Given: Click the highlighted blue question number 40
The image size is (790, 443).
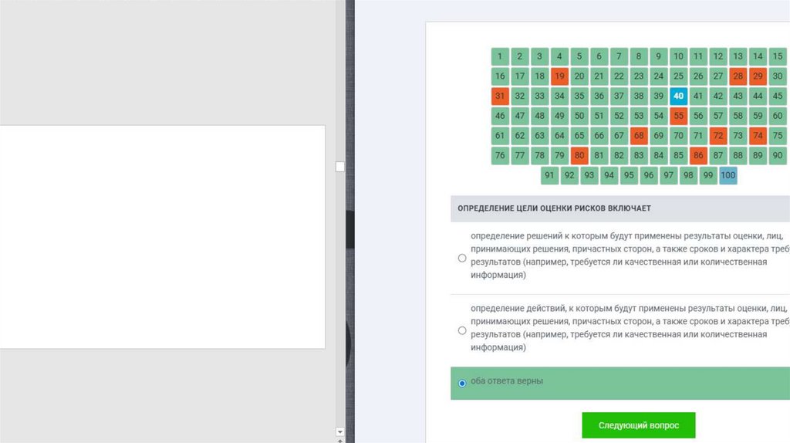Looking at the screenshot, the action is point(678,96).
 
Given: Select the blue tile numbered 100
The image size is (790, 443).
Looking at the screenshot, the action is point(728,175).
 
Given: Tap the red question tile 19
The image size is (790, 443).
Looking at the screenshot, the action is point(559,76).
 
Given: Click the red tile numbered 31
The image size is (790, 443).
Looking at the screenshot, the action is point(500,96).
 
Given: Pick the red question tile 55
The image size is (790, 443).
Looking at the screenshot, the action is point(678,116).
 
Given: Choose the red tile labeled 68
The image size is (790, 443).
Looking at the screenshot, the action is point(639,136).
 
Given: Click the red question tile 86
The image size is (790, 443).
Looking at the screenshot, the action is point(697,156).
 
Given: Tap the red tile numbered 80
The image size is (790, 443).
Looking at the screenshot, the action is point(579,156).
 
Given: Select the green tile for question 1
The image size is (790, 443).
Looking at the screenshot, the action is point(500,56).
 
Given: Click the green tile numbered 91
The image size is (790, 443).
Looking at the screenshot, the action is point(549,175).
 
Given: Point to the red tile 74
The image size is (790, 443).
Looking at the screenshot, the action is point(758,136).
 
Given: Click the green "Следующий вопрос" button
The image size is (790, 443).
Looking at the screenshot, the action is point(638,425).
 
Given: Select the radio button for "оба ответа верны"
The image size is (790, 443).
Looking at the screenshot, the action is point(462,384).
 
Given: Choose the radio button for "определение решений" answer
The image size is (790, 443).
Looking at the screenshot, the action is point(462,258).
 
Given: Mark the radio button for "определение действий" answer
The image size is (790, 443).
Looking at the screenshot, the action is point(462,330).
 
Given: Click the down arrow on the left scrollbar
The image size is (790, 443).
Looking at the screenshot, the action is point(340,432).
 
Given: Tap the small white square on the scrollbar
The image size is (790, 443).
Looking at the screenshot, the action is point(340,167).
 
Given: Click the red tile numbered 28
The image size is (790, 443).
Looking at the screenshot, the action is point(738,76).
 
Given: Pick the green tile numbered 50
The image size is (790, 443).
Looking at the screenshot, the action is point(579,116).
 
